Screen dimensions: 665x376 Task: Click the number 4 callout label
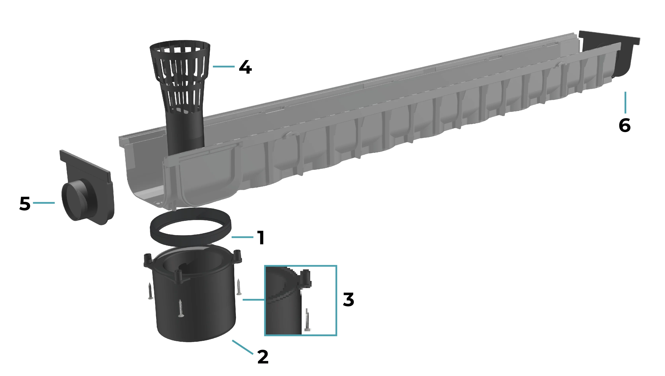tap(245, 67)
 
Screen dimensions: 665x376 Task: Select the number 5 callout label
tap(25, 204)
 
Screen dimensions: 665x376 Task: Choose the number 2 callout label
tap(263, 357)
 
